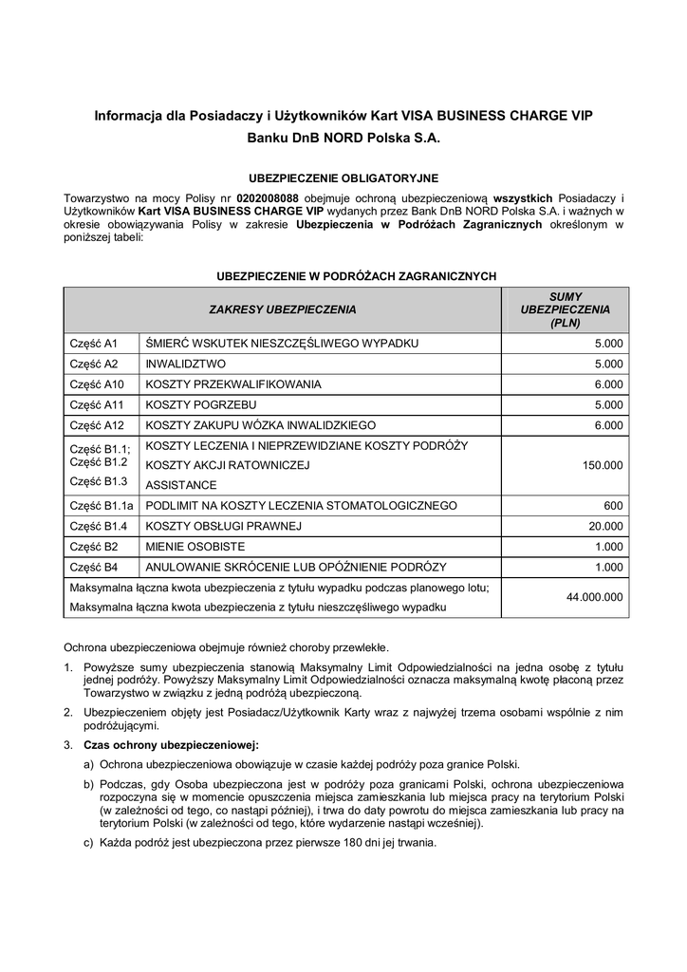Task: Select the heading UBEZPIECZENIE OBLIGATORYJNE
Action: (343, 178)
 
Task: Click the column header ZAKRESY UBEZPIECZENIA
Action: (283, 309)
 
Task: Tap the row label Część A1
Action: (93, 343)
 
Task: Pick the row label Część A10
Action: (97, 384)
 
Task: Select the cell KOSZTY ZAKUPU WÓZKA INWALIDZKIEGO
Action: (261, 426)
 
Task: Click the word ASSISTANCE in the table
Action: (181, 484)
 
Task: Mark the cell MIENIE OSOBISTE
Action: (195, 547)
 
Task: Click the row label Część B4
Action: (93, 568)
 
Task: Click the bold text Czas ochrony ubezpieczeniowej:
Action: (172, 744)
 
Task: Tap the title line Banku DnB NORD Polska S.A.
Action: (343, 137)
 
